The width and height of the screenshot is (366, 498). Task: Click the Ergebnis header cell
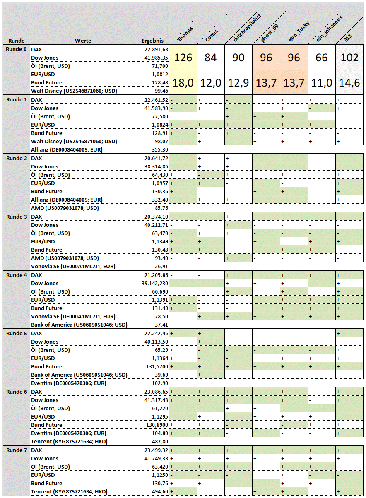click(x=152, y=41)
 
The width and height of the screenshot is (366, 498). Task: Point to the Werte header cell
click(x=83, y=41)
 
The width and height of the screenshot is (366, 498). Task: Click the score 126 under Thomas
click(x=183, y=58)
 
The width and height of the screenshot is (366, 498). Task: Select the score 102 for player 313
click(x=349, y=58)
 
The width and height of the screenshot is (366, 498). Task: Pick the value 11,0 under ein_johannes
click(x=322, y=83)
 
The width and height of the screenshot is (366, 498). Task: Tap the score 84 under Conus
click(x=211, y=58)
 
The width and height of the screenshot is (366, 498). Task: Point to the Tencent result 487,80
click(x=159, y=442)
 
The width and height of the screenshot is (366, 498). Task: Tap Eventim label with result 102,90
click(x=69, y=383)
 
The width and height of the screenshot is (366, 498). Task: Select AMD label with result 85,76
click(x=65, y=208)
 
